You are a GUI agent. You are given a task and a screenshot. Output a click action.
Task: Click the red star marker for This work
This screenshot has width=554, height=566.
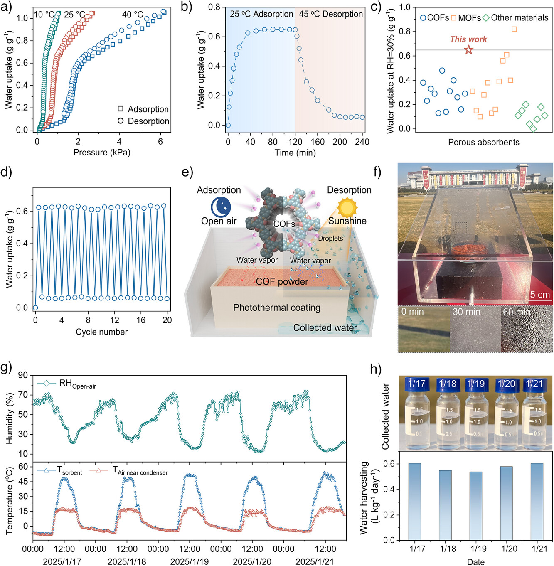click(x=468, y=50)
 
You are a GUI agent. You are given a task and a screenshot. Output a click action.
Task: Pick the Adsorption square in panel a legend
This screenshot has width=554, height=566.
click(x=121, y=109)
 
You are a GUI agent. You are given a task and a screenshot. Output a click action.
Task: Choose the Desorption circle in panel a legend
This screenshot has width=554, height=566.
click(x=121, y=121)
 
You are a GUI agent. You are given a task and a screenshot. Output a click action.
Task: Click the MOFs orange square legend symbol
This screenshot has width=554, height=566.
click(x=453, y=18)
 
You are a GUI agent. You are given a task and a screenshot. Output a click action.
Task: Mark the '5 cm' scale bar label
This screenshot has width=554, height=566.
click(x=540, y=295)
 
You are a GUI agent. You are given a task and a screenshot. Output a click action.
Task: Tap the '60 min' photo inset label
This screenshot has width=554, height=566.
click(x=517, y=312)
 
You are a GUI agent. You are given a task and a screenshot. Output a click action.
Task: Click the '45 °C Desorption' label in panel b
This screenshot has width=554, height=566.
click(x=331, y=14)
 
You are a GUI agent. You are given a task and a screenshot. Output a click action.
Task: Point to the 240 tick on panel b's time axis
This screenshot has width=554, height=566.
click(x=362, y=142)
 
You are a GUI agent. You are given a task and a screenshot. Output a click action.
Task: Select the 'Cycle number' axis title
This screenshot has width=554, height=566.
click(x=101, y=332)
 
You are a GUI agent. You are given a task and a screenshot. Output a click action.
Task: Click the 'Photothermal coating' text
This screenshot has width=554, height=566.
click(x=277, y=308)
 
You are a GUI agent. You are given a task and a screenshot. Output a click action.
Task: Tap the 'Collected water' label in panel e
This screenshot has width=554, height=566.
click(x=325, y=328)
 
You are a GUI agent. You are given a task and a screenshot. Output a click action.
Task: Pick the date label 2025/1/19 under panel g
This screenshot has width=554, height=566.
click(x=190, y=561)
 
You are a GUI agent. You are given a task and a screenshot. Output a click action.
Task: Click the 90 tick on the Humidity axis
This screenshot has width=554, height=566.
click(x=23, y=375)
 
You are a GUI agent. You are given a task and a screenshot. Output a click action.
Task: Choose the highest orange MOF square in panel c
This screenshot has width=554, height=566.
click(x=514, y=29)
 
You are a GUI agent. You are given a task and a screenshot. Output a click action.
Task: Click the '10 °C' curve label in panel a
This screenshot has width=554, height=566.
click(x=44, y=15)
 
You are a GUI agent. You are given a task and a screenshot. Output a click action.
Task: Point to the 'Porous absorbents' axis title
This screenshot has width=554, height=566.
click(x=483, y=142)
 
